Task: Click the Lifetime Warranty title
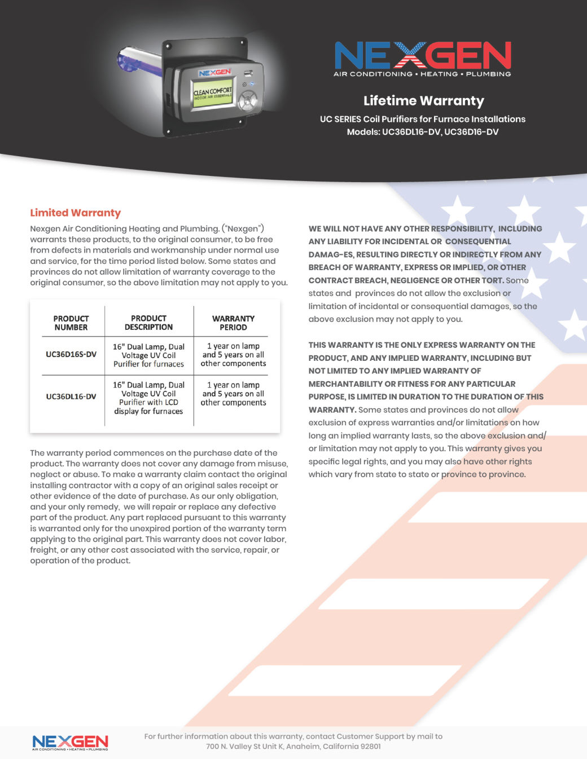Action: coord(423,101)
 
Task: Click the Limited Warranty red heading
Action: coord(75,213)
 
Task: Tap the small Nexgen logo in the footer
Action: coord(70,743)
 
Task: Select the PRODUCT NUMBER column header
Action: coord(71,323)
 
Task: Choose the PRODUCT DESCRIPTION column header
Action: coord(148,323)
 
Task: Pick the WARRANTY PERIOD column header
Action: coord(233,323)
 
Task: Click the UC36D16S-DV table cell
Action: coord(71,355)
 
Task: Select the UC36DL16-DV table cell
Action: coord(71,396)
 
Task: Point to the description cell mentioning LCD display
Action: coord(148,398)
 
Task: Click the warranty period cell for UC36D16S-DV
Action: coord(233,355)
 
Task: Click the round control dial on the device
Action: coord(247,102)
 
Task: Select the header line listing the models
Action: coord(422,132)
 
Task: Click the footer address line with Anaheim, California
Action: coord(293,747)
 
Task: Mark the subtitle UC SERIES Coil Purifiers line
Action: coord(422,119)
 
